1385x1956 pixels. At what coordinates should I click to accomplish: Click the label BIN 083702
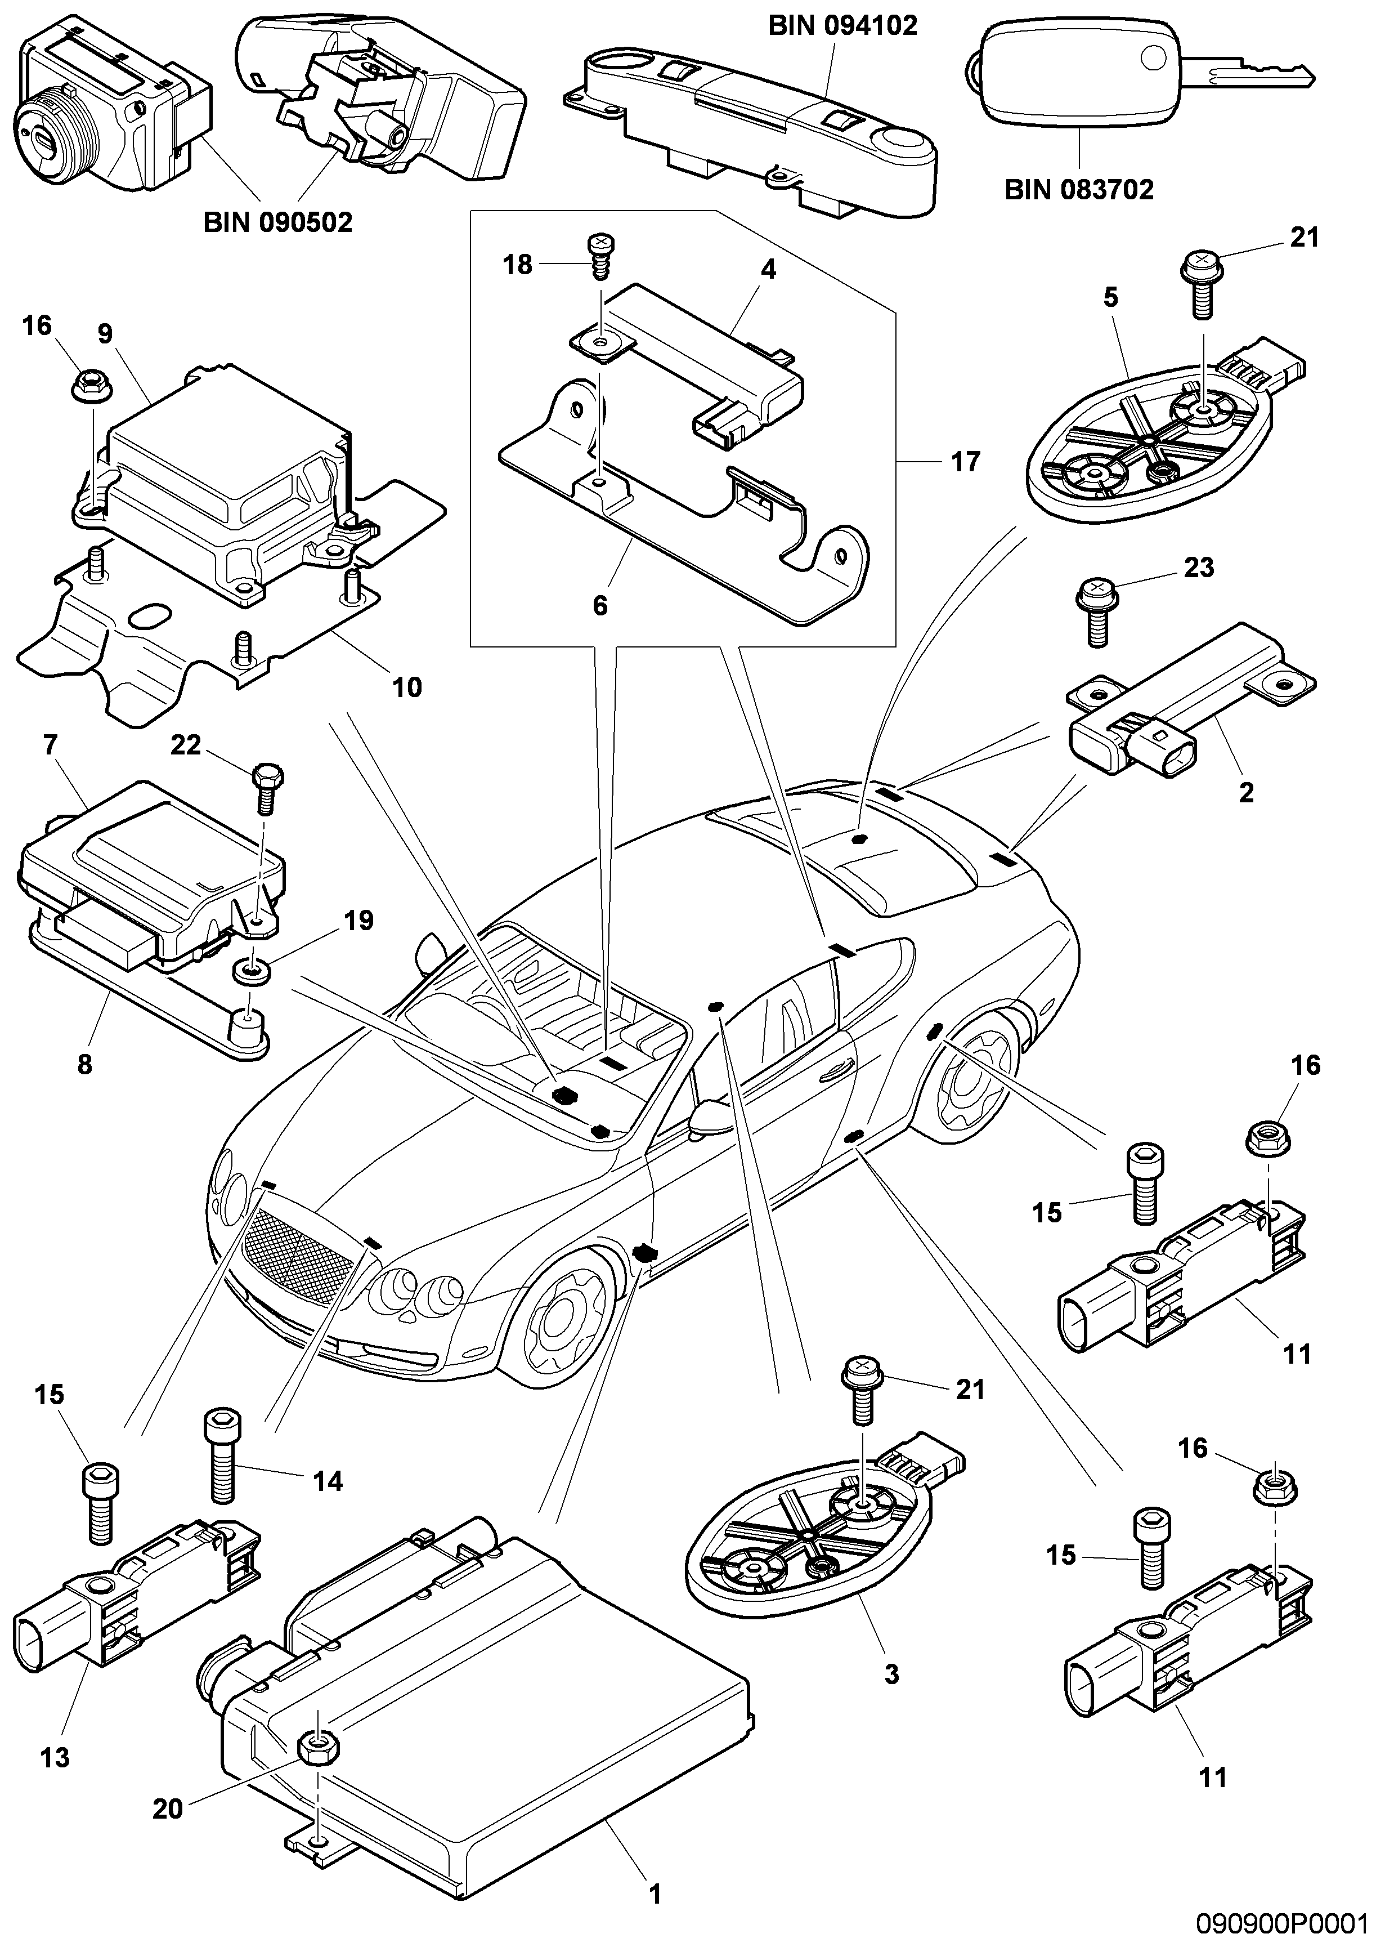coord(1079,189)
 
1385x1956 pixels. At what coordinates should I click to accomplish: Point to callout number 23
coord(1199,568)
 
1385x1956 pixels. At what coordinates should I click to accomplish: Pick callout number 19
coord(359,921)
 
